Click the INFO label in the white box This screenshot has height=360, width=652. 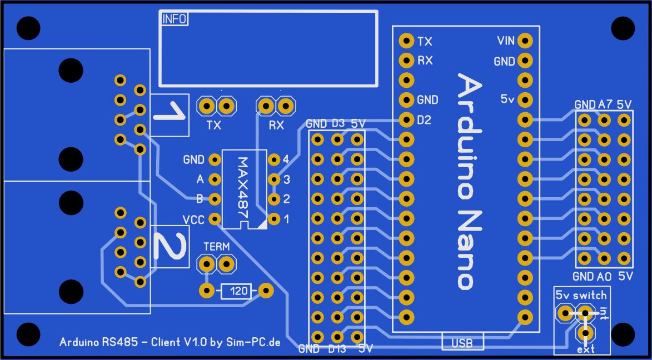coord(174,19)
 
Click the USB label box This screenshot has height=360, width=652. coord(462,343)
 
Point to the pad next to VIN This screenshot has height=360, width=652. coord(525,41)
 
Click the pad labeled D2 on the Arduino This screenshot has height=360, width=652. coord(406,120)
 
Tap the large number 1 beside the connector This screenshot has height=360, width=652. coord(169,113)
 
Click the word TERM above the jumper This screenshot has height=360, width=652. coord(216,247)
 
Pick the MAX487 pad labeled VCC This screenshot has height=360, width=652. coord(215,218)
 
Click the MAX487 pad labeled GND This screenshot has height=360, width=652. coord(215,159)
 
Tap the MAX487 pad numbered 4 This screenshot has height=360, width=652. coord(273,159)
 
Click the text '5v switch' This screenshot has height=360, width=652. coord(581,296)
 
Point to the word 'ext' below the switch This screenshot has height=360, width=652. coord(586,349)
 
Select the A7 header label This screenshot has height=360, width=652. coord(605,105)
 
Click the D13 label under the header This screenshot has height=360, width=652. coord(337,349)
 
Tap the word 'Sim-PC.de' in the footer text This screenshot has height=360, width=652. coord(253,343)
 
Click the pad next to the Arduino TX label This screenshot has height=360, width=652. coord(406,41)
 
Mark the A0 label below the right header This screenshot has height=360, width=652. coord(605,277)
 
